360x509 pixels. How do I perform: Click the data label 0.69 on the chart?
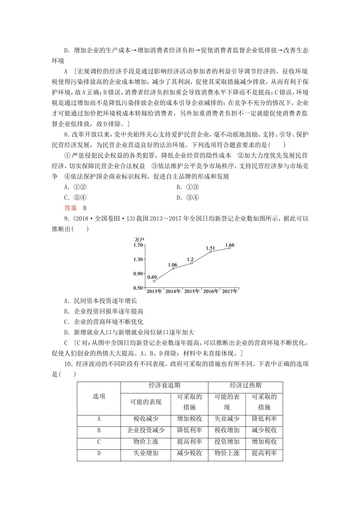pos(152,277)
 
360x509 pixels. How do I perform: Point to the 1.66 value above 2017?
pos(230,245)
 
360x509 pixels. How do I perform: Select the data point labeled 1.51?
pos(210,252)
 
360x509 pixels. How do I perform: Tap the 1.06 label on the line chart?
pos(172,265)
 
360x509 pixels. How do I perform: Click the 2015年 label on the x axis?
pos(192,291)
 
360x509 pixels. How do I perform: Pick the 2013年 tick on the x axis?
pos(154,291)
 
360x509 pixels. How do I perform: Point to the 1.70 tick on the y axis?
pos(138,245)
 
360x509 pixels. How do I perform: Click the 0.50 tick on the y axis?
pos(138,288)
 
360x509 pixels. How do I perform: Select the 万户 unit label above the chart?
pos(139,239)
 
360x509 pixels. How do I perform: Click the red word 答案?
pos(70,208)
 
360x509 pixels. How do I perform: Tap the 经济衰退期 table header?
pos(164,385)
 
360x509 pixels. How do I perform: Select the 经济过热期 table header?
pos(245,385)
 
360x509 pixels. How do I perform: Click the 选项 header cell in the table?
pos(99,396)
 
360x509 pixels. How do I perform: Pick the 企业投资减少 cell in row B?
pos(146,430)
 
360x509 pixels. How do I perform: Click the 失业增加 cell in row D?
pos(146,453)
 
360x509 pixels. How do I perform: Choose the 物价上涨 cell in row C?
pos(146,442)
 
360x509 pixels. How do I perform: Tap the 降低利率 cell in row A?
pos(264,419)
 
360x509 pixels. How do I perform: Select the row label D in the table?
pos(99,453)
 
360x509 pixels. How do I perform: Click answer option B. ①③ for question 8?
pos(188,187)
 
